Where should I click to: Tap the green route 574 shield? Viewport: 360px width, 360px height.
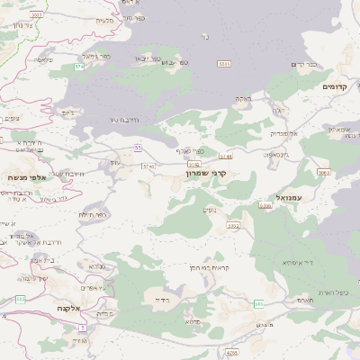point(79,67)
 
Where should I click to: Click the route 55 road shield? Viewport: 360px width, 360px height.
point(138,148)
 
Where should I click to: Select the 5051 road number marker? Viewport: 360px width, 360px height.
point(223,64)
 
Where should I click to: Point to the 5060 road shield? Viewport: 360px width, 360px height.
point(323,171)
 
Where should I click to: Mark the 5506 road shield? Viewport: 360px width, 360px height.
point(265,206)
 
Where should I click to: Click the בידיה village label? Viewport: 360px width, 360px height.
point(162,298)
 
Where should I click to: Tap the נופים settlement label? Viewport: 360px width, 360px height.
point(210,209)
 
